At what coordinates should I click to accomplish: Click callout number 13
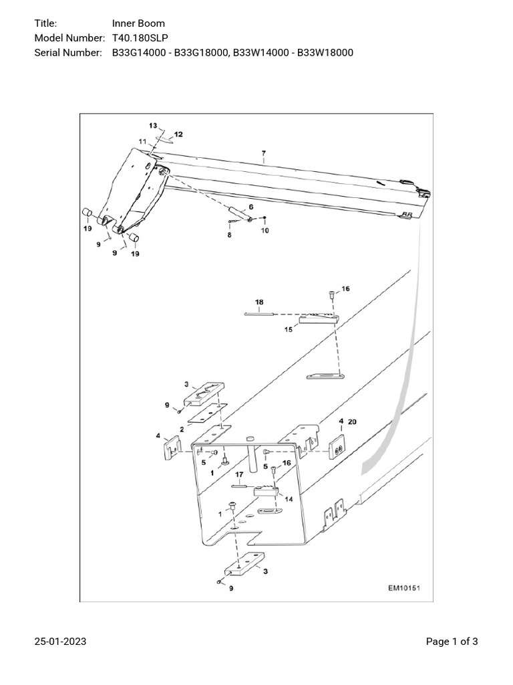(152, 126)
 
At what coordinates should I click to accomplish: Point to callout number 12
(178, 134)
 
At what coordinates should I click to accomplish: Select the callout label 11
(142, 141)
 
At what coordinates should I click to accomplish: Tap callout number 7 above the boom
(264, 153)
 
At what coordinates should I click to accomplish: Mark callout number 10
(265, 231)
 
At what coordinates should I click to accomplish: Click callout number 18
(259, 302)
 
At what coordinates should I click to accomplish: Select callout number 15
(289, 328)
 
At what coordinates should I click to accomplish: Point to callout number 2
(182, 429)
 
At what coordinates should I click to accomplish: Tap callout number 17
(238, 476)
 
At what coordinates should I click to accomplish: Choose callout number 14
(289, 498)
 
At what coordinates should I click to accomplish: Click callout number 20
(353, 421)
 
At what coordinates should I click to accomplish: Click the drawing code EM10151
(406, 589)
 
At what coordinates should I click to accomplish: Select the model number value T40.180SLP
(140, 38)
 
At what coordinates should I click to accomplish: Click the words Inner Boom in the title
(138, 23)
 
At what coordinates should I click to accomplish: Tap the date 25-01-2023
(60, 642)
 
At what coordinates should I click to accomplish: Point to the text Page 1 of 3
(452, 642)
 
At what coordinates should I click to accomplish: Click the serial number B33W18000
(323, 53)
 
